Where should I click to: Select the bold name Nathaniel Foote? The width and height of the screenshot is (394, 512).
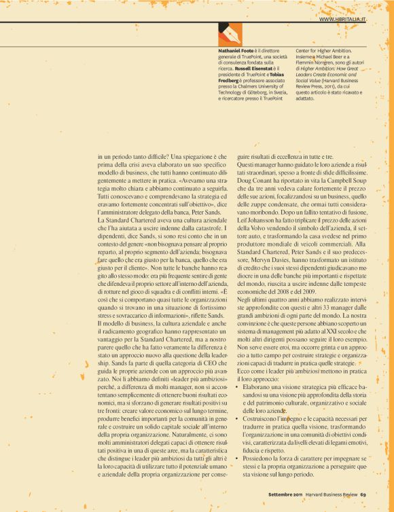point(238,51)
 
